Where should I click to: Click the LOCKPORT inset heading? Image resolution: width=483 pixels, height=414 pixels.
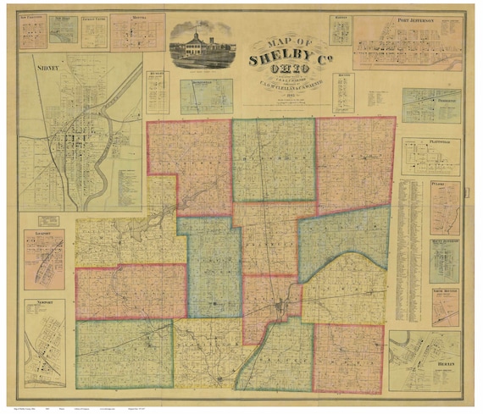click(x=40, y=230)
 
